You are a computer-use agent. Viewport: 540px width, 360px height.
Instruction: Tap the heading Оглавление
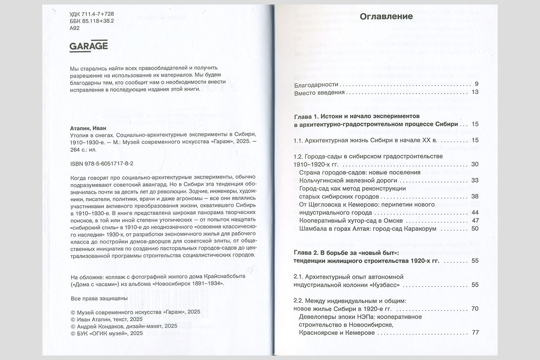click(x=386, y=18)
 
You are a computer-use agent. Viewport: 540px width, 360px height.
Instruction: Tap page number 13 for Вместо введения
click(x=475, y=93)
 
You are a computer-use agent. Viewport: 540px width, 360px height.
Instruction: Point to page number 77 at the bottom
click(x=474, y=333)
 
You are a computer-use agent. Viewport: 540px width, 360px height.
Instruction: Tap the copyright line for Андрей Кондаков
click(x=124, y=326)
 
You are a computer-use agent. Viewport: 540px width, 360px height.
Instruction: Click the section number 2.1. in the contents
click(x=299, y=276)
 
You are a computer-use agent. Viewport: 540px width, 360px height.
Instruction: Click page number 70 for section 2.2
click(x=474, y=309)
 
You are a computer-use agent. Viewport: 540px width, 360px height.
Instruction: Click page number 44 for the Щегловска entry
click(x=474, y=212)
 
